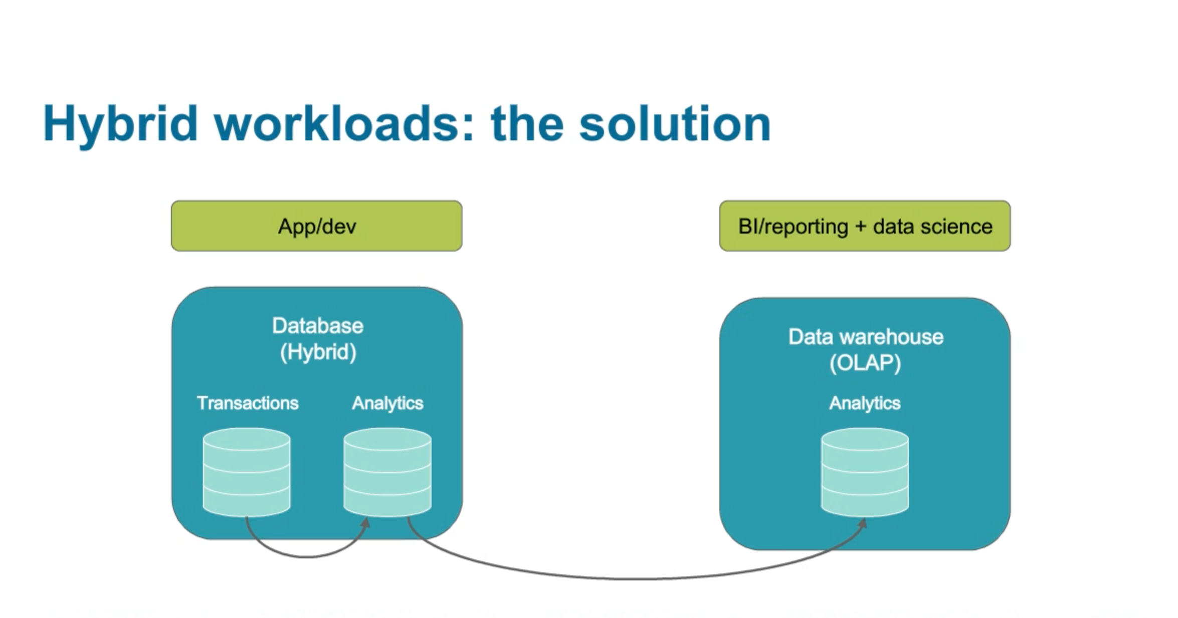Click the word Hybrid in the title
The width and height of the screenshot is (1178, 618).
pos(120,124)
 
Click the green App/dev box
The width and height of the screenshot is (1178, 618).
pos(316,226)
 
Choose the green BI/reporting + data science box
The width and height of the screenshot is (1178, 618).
pos(865,226)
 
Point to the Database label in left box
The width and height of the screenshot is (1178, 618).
pos(317,326)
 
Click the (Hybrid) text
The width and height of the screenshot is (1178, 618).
pos(318,352)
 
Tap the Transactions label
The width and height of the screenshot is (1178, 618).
pos(248,403)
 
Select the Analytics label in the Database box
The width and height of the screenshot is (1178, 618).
pos(387,403)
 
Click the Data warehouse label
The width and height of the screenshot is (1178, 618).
pos(866,337)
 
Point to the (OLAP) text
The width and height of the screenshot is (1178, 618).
pos(865,363)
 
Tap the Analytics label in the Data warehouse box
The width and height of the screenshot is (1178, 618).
pos(865,403)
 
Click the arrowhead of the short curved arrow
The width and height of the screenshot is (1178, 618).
pos(366,523)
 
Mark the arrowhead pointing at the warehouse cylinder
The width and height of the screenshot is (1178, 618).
pos(863,524)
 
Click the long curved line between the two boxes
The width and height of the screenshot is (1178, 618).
pos(627,578)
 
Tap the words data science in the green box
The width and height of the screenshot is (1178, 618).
pos(932,226)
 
